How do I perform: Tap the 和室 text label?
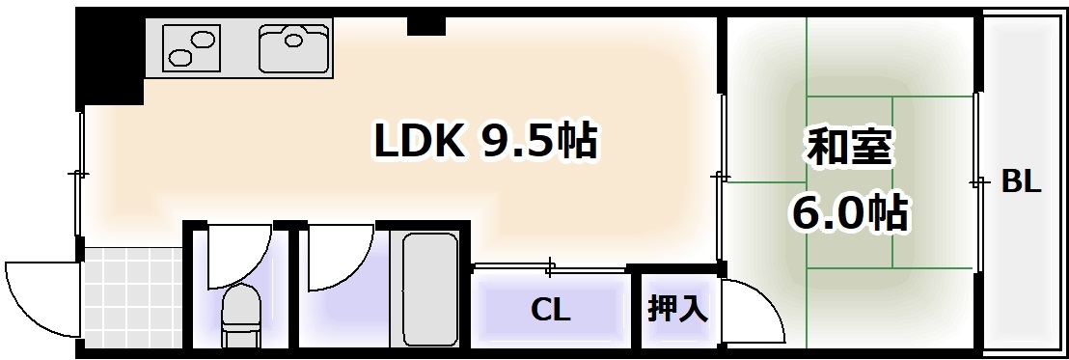(850, 150)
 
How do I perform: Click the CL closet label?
(551, 311)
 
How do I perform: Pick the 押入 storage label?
(678, 309)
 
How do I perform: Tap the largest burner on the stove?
(204, 40)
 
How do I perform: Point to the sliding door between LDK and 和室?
(721, 179)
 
